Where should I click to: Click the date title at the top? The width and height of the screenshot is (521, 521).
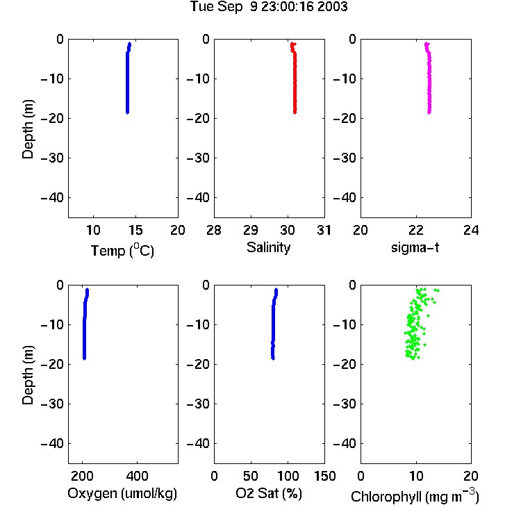point(269,7)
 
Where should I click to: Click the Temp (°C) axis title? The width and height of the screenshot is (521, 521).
point(122,251)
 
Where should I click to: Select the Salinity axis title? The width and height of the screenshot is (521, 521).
point(268,247)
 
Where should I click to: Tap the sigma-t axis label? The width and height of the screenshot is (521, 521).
point(415,247)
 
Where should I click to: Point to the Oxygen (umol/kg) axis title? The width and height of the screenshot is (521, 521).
point(122,493)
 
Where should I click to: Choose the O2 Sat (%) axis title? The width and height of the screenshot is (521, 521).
point(269,493)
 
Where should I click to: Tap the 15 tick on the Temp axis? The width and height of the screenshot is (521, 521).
point(135,230)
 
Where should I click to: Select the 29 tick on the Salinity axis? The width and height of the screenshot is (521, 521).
point(251,230)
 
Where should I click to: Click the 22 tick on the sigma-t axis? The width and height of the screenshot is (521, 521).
point(416,230)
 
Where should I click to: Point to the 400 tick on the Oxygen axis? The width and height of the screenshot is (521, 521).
point(138,476)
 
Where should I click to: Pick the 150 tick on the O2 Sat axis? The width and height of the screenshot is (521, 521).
point(325,476)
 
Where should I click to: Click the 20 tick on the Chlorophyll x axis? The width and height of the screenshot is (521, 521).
point(471,476)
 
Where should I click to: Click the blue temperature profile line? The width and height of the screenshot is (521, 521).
point(127,80)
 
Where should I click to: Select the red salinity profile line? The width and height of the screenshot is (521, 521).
point(295,80)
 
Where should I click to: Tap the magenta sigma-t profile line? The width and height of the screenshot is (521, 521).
point(429,80)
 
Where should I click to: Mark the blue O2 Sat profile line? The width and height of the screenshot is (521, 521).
point(273,326)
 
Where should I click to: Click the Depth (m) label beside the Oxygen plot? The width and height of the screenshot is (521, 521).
point(28,375)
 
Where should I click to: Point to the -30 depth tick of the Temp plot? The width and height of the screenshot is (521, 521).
point(52,158)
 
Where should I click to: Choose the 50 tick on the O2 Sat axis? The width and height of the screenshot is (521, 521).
point(251,476)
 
